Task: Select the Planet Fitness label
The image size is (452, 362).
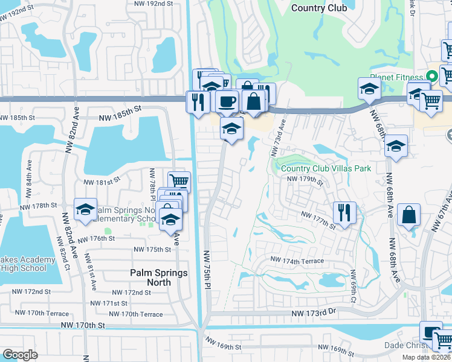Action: pyautogui.click(x=396, y=77)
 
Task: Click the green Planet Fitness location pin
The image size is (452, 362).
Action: pyautogui.click(x=431, y=76)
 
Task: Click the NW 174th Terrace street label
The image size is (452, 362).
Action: pyautogui.click(x=297, y=261)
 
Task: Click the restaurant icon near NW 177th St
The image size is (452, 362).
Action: pyautogui.click(x=344, y=212)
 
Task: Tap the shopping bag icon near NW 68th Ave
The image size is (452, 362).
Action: pyautogui.click(x=409, y=215)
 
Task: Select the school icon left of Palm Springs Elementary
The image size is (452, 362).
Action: pyautogui.click(x=85, y=209)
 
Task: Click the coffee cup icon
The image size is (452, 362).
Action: pyautogui.click(x=227, y=101)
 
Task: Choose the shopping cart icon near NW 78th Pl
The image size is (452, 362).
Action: pyautogui.click(x=179, y=180)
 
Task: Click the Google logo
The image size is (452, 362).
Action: pyautogui.click(x=20, y=355)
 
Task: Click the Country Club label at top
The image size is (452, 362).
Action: pyautogui.click(x=319, y=8)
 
